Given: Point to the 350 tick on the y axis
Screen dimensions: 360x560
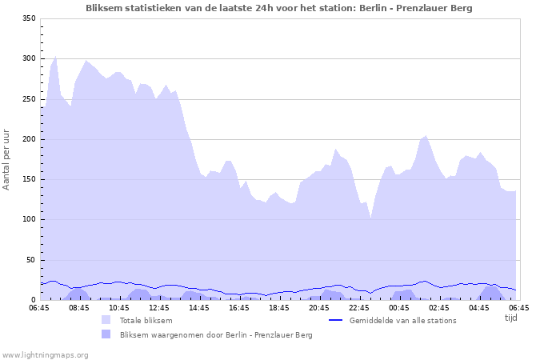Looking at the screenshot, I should (x=29, y=18).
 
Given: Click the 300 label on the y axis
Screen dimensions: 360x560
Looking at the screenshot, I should (x=29, y=59).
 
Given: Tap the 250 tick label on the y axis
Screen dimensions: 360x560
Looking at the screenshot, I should (x=29, y=99).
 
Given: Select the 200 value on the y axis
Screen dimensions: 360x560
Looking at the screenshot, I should (x=29, y=139).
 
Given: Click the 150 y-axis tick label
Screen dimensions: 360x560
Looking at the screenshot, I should (x=29, y=179).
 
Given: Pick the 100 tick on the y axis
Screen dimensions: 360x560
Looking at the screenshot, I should (x=29, y=220).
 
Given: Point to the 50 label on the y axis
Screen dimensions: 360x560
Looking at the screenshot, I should (x=31, y=260).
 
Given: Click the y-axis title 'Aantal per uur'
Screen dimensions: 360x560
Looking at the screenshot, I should (x=7, y=159).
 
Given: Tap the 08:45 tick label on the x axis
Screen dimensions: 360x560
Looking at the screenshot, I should (x=79, y=307).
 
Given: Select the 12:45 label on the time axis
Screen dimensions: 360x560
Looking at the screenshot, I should (x=159, y=307).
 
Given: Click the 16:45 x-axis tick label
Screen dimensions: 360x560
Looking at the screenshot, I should (x=239, y=307).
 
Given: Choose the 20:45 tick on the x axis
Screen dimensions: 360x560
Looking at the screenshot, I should (x=319, y=307).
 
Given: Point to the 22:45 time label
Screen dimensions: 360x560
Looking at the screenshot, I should (x=359, y=307).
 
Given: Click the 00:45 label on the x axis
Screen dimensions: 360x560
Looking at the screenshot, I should (x=399, y=307).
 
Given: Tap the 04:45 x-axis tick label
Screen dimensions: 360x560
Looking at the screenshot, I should (x=479, y=307).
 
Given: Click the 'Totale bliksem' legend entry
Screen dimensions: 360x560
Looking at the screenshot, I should (x=146, y=320).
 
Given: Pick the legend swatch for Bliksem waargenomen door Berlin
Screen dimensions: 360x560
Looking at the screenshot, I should (x=106, y=334).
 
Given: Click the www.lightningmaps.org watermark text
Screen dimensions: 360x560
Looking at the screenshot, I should (x=45, y=354).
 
